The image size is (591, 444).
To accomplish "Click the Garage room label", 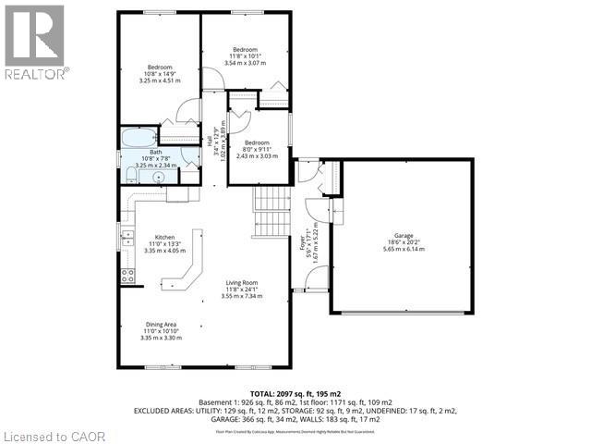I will click(x=402, y=235).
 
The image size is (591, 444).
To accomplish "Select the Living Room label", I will click(x=245, y=282).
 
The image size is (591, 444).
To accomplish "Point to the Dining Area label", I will click(x=160, y=324).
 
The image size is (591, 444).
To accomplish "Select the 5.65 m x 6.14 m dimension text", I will click(x=402, y=249).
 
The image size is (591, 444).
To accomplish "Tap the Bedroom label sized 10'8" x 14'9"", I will click(x=160, y=67).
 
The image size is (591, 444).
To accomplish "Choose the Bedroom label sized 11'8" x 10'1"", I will click(x=244, y=49).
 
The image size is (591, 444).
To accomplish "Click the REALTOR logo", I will click(x=34, y=42).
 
